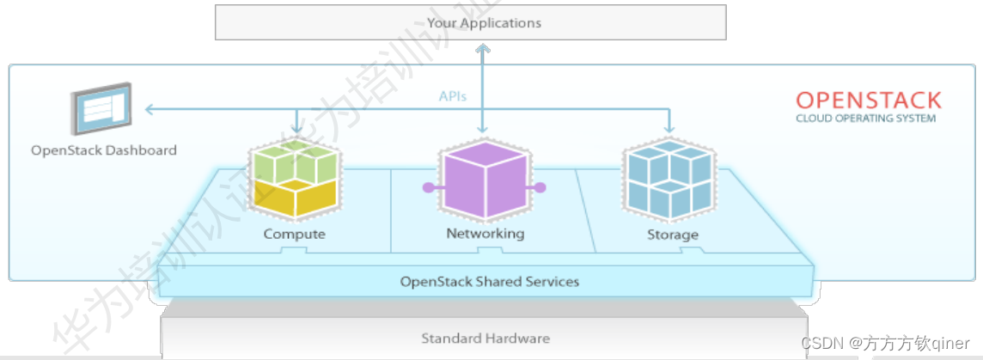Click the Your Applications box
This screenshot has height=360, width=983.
point(470,22)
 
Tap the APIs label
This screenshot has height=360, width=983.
point(453,96)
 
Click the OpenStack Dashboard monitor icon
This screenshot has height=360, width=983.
point(101,108)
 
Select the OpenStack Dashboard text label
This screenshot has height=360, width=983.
point(104,150)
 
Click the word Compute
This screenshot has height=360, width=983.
point(295,234)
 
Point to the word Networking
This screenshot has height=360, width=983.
point(485,234)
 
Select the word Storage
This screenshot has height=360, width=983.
point(672,235)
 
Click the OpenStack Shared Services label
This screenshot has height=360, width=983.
point(490,281)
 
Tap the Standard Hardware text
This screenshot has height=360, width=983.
point(485,338)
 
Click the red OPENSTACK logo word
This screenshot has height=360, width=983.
point(868,100)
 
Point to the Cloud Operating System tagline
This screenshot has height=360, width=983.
point(865,119)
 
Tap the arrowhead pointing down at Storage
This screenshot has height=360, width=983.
point(669,130)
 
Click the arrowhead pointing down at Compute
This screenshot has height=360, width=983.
point(296,130)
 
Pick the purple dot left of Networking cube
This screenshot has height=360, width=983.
point(425,186)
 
